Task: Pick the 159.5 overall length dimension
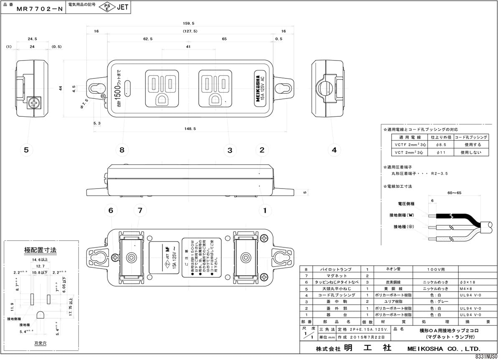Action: tap(189, 23)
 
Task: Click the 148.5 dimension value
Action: tap(189, 129)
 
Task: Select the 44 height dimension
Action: tap(61, 88)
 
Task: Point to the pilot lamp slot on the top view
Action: tap(128, 88)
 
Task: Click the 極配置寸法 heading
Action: tap(40, 250)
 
